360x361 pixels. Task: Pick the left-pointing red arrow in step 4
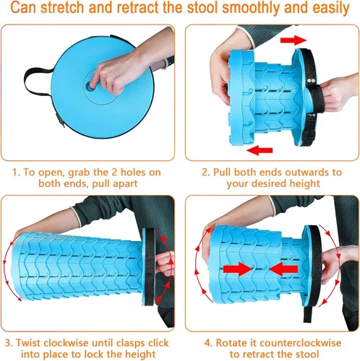tap(283, 269)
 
